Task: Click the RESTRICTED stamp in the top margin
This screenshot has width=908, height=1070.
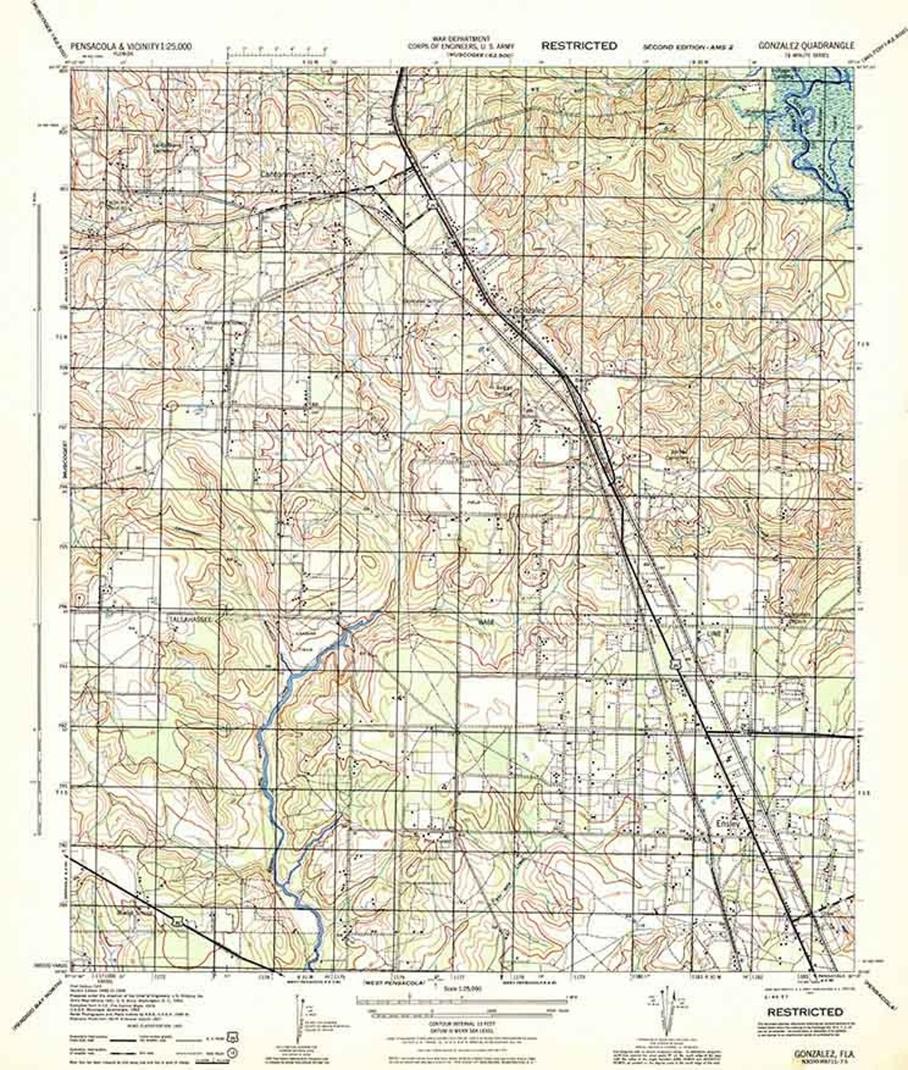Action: [578, 45]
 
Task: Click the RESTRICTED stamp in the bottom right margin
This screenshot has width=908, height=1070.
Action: [805, 1012]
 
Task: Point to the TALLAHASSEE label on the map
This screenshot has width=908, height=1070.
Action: [188, 618]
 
